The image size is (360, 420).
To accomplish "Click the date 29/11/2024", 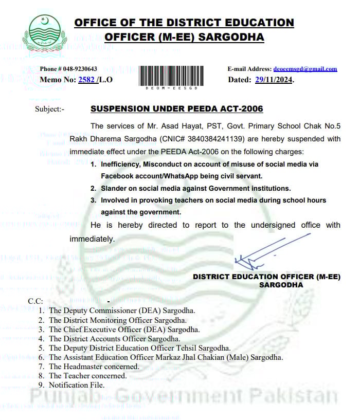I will pyautogui.click(x=274, y=80).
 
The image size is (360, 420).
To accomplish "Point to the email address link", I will pyautogui.click(x=305, y=69).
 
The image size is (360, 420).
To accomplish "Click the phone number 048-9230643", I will pyautogui.click(x=78, y=69).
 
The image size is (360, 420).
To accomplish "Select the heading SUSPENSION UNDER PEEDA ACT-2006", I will pyautogui.click(x=176, y=109).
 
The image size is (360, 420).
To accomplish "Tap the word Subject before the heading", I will pyautogui.click(x=47, y=109).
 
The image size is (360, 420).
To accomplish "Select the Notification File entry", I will pyautogui.click(x=77, y=385).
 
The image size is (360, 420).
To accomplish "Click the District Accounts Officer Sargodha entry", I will pyautogui.click(x=114, y=339).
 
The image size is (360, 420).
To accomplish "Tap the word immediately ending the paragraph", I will pyautogui.click(x=92, y=239).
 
